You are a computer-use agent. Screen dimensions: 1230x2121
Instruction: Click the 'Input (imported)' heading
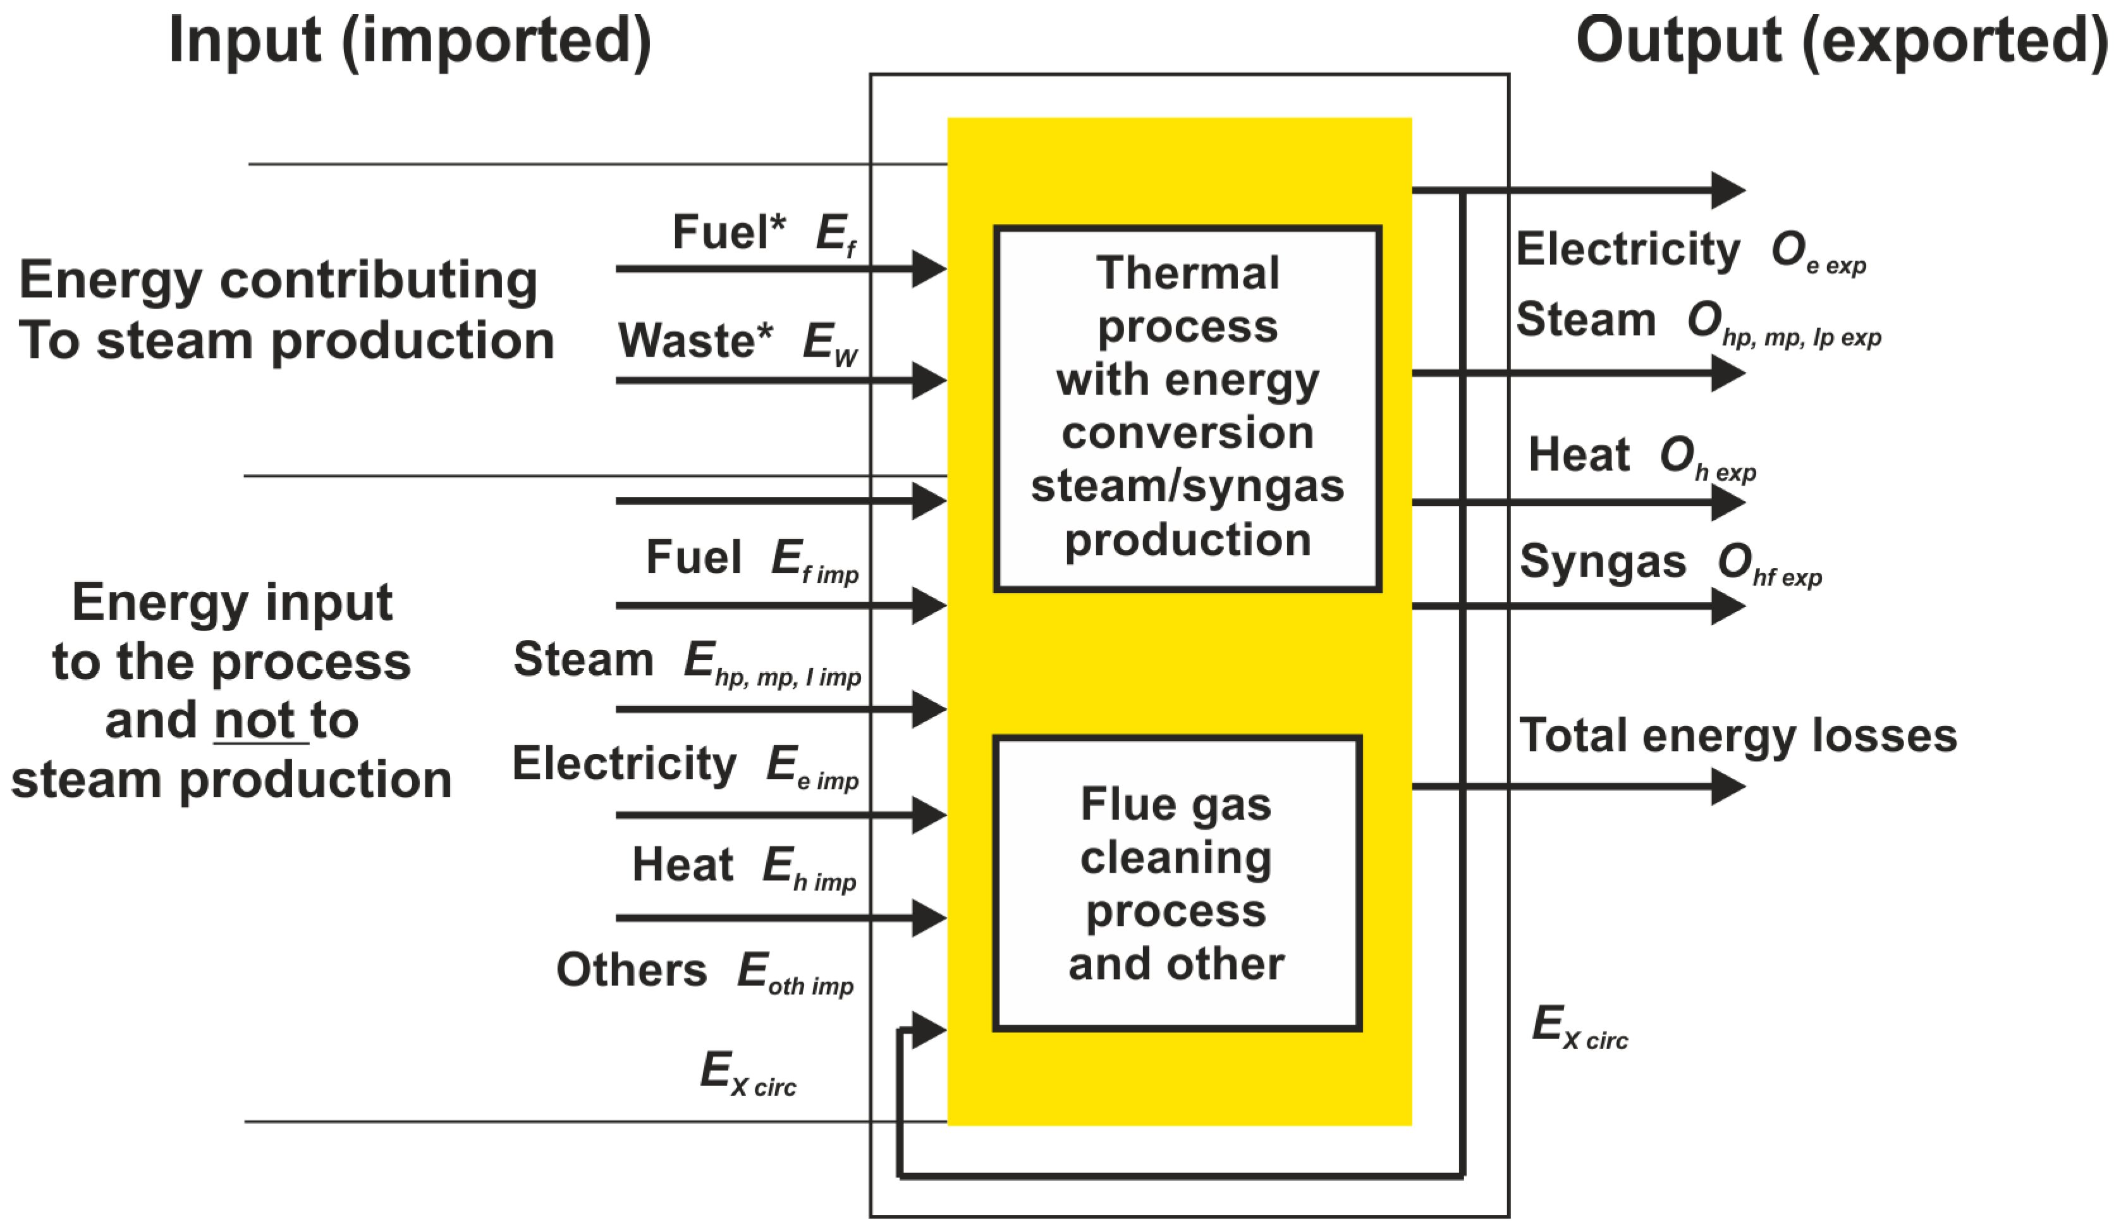pyautogui.click(x=410, y=40)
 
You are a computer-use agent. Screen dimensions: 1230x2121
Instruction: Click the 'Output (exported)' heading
pyautogui.click(x=1841, y=40)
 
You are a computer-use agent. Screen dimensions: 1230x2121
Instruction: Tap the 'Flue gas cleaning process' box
pyautogui.click(x=1176, y=882)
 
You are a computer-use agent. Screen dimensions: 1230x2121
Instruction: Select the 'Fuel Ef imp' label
pyautogui.click(x=752, y=559)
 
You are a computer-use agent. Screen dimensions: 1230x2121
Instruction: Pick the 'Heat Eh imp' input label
pyautogui.click(x=744, y=866)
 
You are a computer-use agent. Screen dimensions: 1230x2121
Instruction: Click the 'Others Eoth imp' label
pyautogui.click(x=704, y=971)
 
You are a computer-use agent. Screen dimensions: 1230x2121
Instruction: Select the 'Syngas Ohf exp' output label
pyautogui.click(x=1670, y=562)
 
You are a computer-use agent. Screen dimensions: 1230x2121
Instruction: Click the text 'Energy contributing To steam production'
pyautogui.click(x=286, y=310)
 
